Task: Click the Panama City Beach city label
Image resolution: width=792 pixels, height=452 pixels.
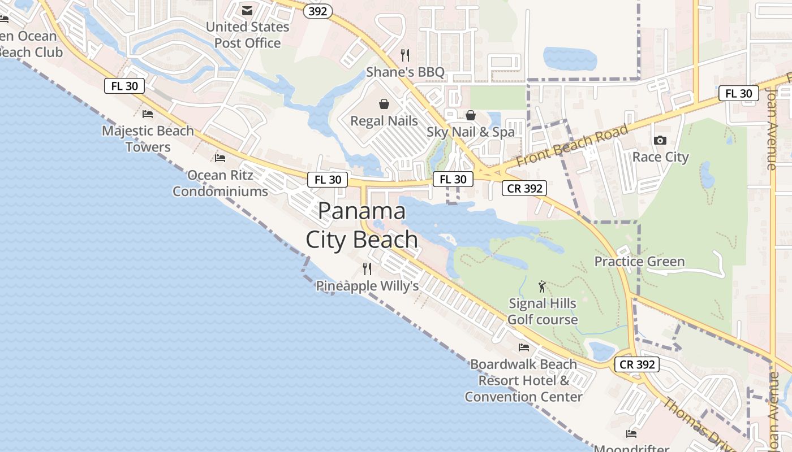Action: [361, 225]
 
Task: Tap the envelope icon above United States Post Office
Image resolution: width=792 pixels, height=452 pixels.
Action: [247, 10]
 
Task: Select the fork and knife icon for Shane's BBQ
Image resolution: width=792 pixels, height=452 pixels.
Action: [404, 55]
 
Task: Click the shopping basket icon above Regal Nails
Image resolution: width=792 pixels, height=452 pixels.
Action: [384, 104]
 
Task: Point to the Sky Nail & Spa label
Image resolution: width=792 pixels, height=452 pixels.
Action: [471, 132]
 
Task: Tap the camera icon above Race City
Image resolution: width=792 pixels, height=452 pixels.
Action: [660, 140]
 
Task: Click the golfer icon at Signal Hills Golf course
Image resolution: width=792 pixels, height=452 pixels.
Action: [542, 286]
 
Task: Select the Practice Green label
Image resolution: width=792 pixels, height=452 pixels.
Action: [639, 262]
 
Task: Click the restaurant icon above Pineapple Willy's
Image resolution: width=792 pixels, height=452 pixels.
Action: [367, 268]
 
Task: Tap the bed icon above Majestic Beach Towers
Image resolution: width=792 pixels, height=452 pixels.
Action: [148, 114]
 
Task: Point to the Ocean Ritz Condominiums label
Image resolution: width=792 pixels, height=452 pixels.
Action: [220, 183]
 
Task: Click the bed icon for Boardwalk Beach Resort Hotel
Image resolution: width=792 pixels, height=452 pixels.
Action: [524, 347]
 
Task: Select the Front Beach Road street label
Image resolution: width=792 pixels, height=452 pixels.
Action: [573, 145]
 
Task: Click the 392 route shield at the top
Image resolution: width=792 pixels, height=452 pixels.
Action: [317, 11]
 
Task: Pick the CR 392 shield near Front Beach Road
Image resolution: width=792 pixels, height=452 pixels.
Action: [524, 189]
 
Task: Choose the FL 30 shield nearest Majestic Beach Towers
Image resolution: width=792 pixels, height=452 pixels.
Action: [124, 86]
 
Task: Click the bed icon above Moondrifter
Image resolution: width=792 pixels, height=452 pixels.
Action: [631, 433]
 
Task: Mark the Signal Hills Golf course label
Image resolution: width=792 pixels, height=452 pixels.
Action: [542, 311]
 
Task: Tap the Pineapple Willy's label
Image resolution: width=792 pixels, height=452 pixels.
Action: [367, 286]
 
